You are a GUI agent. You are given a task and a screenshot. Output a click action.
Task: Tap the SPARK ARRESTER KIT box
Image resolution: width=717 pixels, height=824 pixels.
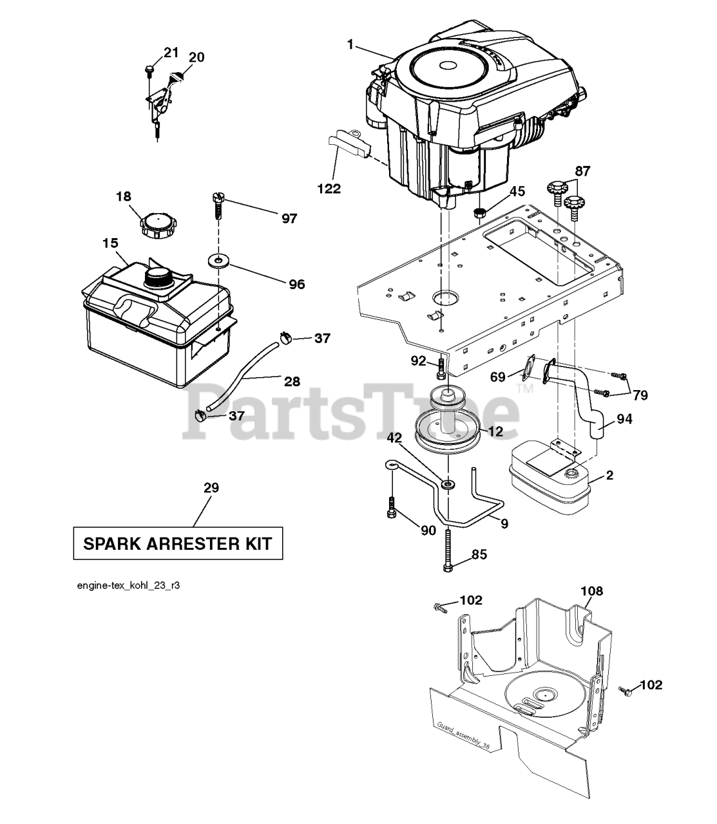coord(178,544)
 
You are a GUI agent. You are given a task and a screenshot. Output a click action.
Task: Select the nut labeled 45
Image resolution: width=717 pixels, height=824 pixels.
coord(479,212)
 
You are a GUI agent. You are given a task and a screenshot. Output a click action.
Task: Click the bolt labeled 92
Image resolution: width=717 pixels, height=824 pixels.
coord(441,369)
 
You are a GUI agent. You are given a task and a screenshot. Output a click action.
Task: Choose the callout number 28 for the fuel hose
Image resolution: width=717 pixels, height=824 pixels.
coord(292,382)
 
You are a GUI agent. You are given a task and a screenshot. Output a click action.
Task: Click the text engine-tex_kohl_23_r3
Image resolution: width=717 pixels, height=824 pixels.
coord(132,586)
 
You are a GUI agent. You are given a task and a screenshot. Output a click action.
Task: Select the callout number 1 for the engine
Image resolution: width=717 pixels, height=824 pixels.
coord(350,44)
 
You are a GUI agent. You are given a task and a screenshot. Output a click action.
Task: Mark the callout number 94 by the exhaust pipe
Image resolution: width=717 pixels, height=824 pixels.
coord(624,419)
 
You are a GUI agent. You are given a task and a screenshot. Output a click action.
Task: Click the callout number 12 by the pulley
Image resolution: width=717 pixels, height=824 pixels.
coord(495,431)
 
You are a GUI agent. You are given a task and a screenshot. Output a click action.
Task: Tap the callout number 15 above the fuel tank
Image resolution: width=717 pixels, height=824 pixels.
coord(110,243)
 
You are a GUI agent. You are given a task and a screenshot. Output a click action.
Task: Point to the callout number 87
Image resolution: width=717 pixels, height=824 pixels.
coord(582,171)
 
